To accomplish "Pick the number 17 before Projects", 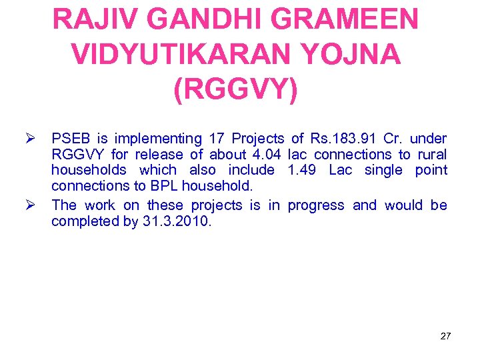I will tap(215, 139).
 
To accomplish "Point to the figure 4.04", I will tap(265, 155).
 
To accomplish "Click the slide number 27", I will tap(445, 336).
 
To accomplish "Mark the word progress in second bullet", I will tap(316, 205).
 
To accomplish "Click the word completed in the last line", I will tap(85, 221).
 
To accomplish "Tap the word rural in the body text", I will tap(431, 155).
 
